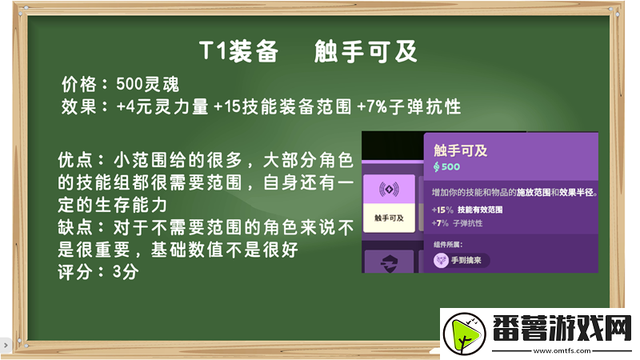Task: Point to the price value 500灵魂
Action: tap(146, 84)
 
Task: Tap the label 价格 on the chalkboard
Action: tap(78, 84)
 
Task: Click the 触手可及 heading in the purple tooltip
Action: tap(461, 150)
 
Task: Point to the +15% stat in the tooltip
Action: tap(442, 210)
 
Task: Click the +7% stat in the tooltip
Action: tap(440, 222)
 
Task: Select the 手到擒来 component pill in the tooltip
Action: tap(462, 260)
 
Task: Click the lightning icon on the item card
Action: tap(389, 190)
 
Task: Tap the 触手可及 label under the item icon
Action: tap(389, 217)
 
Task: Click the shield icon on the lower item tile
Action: tap(389, 262)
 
